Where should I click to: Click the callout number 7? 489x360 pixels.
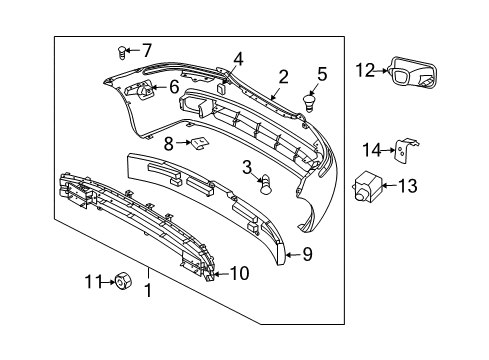(x=146, y=50)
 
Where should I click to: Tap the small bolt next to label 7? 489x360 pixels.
(x=122, y=49)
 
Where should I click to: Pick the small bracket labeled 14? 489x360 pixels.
(x=401, y=150)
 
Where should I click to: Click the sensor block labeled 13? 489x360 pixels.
(x=369, y=185)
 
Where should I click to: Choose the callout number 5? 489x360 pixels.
(x=321, y=73)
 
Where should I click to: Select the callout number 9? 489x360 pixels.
(x=308, y=255)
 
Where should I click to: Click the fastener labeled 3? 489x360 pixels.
(x=266, y=183)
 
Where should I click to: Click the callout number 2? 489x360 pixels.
(x=283, y=75)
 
